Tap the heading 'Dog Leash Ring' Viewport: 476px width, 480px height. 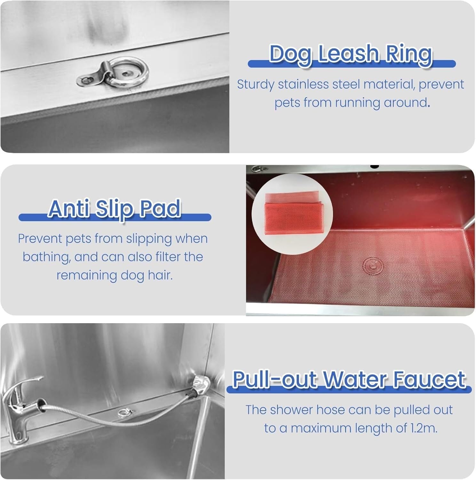[351, 53]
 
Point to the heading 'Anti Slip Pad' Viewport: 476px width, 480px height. [115, 208]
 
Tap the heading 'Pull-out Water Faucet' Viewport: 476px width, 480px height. [349, 379]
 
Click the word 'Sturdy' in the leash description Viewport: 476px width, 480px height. [256, 85]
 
